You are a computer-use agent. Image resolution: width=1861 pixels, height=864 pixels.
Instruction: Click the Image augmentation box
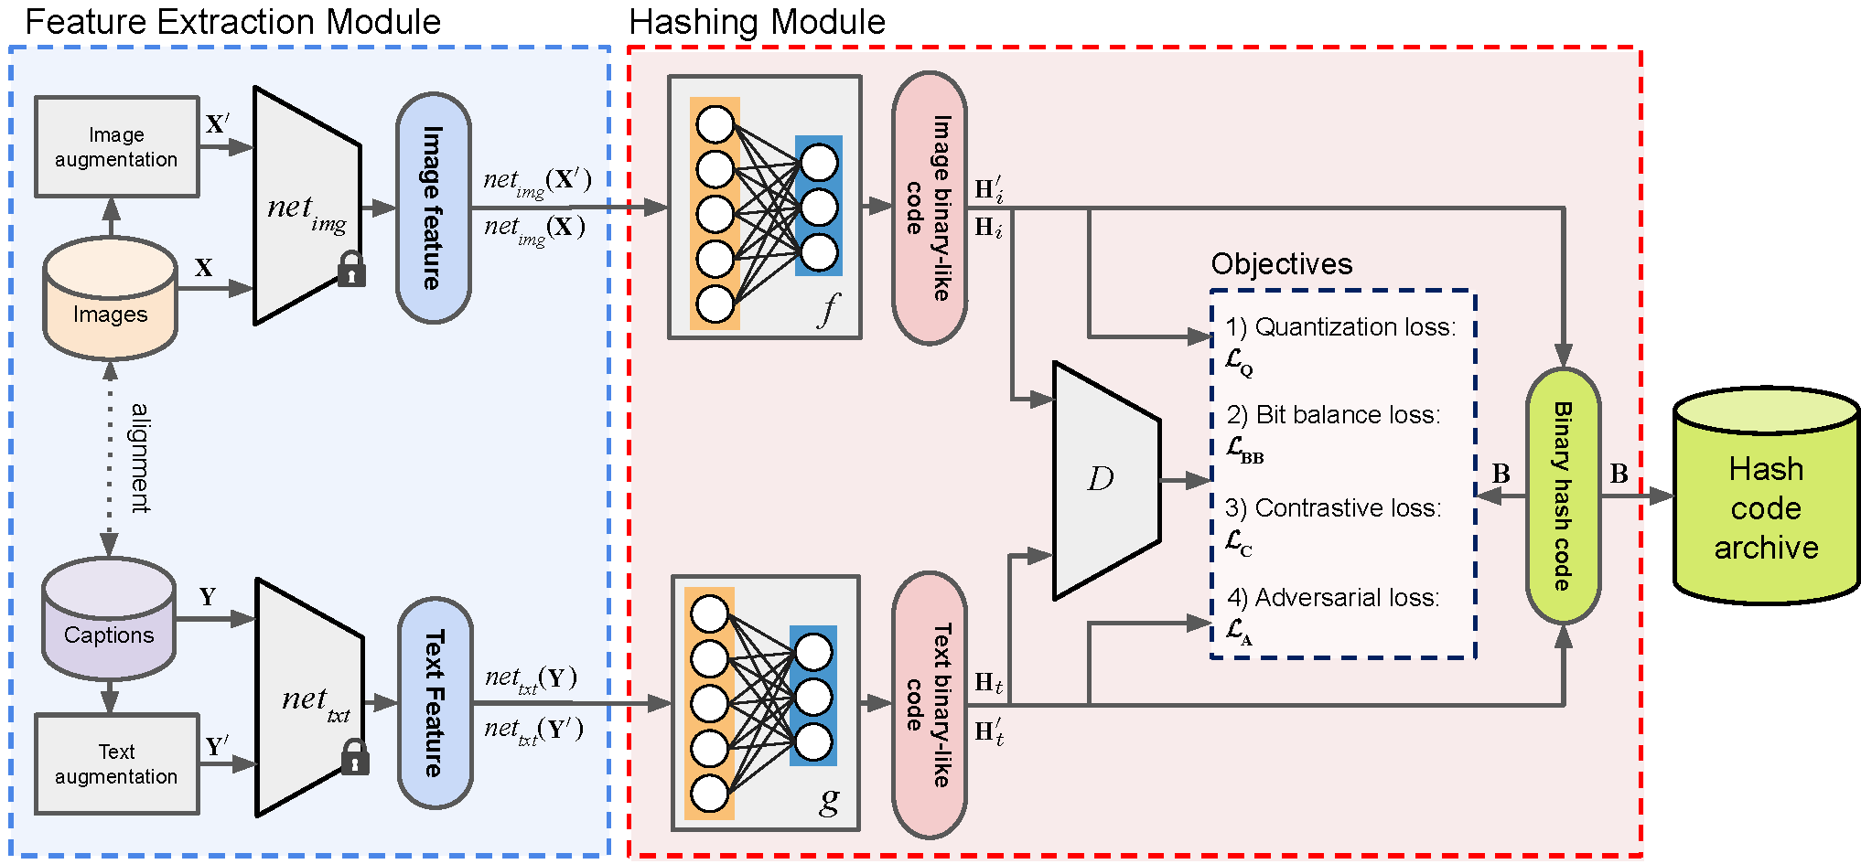coord(116,147)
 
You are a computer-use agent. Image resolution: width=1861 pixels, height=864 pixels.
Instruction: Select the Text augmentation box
coord(116,764)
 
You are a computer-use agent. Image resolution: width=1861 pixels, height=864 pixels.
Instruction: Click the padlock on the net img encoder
coord(351,270)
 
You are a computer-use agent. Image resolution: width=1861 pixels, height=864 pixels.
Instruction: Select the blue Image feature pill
coord(433,208)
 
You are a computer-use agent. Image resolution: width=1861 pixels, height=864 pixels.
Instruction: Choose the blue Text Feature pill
coord(435,703)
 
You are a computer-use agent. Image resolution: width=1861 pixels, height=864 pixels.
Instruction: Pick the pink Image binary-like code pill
coord(929,208)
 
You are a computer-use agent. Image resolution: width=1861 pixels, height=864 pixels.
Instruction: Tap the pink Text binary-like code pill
coord(929,705)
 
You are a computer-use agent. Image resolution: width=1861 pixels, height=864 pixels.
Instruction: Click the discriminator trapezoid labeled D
coord(1105,480)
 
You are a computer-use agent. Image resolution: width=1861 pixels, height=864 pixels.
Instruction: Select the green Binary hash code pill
coord(1563,496)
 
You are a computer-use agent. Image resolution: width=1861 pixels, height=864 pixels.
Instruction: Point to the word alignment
coord(140,457)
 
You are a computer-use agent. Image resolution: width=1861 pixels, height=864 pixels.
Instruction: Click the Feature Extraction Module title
coord(232,22)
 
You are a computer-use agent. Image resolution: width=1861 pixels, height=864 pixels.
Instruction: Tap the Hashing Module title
coord(757,22)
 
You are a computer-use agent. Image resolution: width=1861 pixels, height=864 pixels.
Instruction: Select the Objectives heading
coord(1281,264)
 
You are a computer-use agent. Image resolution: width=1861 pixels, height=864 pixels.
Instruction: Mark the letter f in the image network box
coord(828,309)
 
